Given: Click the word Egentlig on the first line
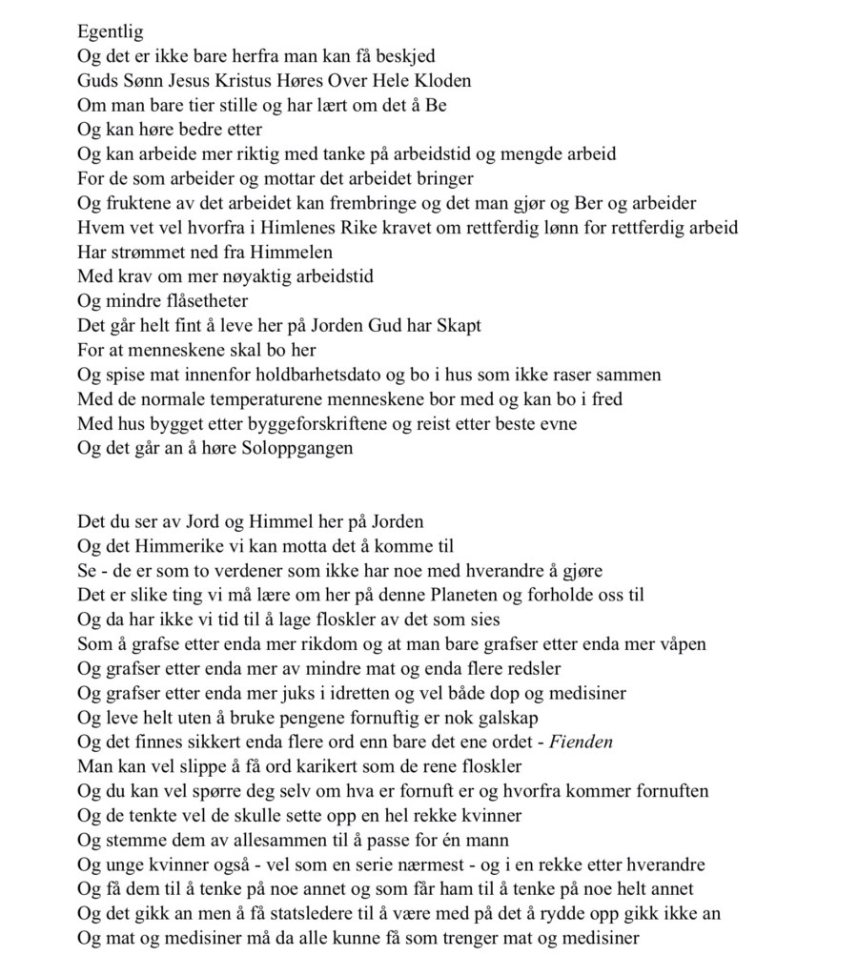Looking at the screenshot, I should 110,32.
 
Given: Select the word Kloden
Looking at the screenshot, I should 438,81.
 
